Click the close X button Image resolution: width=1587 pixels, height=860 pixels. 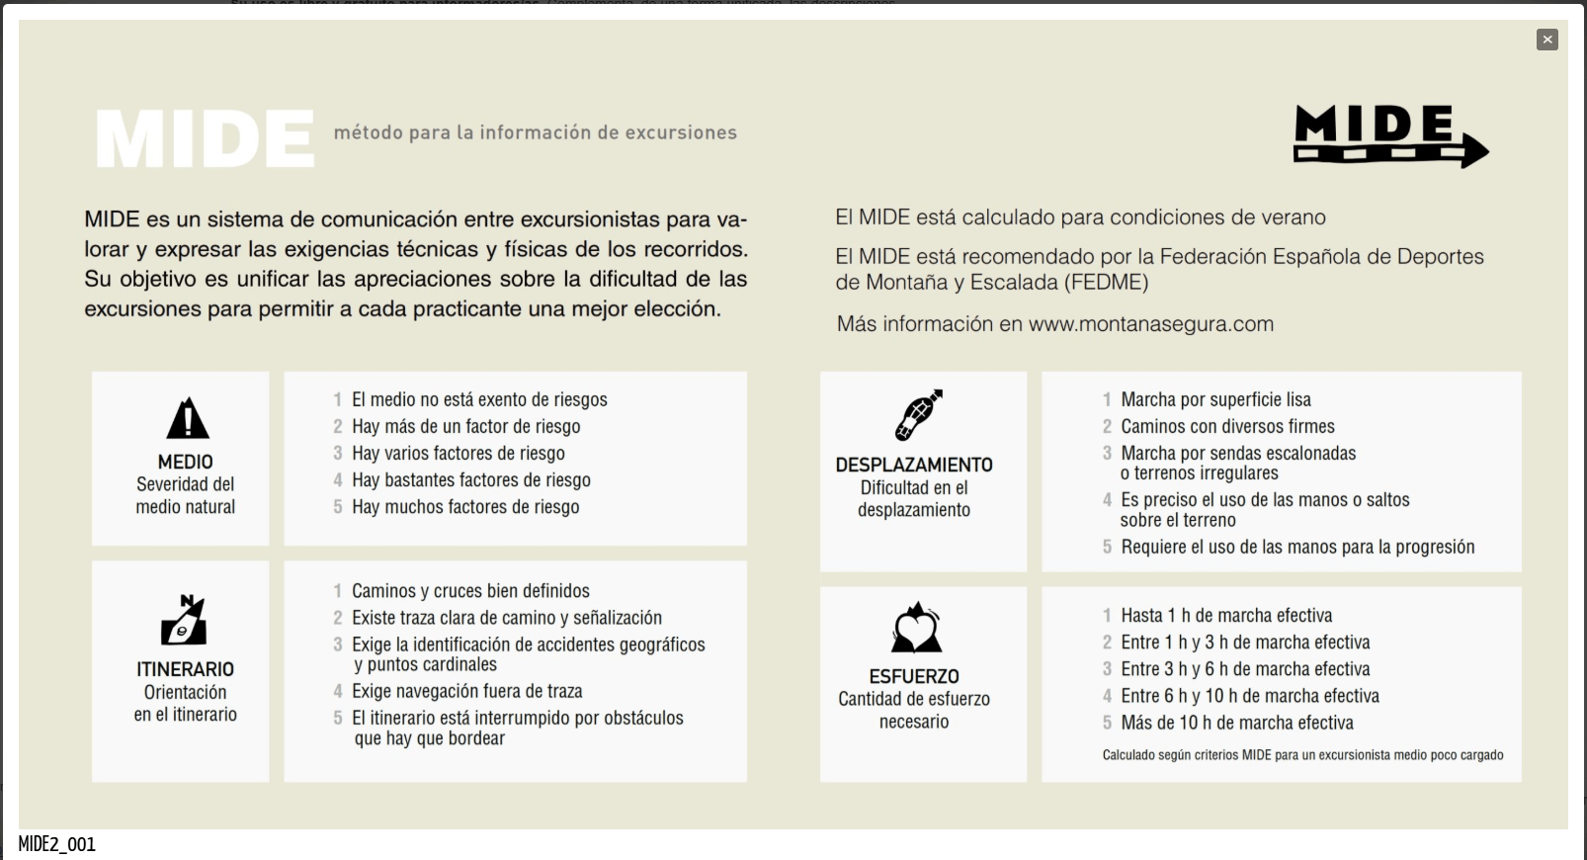1546,40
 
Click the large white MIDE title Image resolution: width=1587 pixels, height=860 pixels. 206,138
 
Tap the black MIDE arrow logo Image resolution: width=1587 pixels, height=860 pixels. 1389,136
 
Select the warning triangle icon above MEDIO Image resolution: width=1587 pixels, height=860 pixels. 187,418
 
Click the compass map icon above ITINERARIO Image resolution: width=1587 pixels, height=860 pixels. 185,621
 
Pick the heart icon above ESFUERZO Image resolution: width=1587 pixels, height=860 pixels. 916,629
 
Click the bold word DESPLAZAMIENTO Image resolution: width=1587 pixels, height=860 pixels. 914,465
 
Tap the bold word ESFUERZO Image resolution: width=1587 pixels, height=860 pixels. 914,676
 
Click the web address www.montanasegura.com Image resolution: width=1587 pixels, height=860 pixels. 1150,324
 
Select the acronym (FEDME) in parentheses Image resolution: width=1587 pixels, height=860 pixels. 1106,283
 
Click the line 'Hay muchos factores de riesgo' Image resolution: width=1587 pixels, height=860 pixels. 465,507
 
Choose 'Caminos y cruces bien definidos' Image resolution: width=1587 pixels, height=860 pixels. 470,591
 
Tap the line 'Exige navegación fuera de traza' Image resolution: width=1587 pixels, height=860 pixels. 466,691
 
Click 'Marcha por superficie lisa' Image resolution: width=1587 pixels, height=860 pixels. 1215,399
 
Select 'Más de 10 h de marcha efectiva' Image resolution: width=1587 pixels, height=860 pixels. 1236,723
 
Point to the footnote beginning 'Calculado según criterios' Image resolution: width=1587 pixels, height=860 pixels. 1302,755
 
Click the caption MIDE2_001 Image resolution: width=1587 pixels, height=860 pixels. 56,844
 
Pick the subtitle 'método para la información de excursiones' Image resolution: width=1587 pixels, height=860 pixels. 535,132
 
